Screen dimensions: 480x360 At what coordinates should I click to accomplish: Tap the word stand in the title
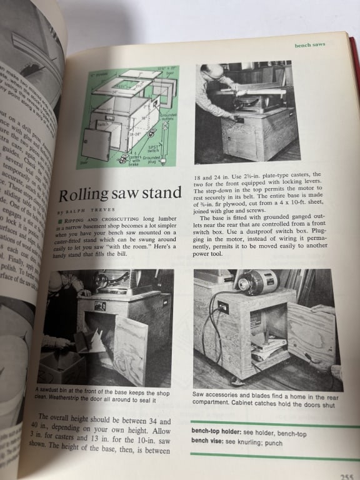pyautogui.click(x=159, y=192)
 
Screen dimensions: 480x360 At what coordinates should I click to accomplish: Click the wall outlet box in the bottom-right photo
pyautogui.click(x=222, y=306)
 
